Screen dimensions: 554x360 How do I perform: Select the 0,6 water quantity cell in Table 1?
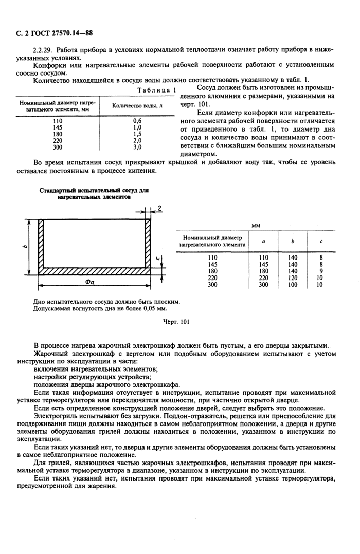(137, 121)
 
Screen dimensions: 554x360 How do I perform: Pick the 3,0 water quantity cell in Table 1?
(137, 147)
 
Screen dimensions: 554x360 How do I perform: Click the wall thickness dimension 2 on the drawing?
(160, 208)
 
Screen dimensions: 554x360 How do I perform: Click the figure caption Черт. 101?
(177, 322)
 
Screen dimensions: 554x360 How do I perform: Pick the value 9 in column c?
(320, 271)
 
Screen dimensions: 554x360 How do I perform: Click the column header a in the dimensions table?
(263, 241)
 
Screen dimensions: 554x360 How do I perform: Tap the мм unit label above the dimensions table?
(255, 225)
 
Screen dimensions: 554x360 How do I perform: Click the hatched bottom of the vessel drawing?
(95, 270)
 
